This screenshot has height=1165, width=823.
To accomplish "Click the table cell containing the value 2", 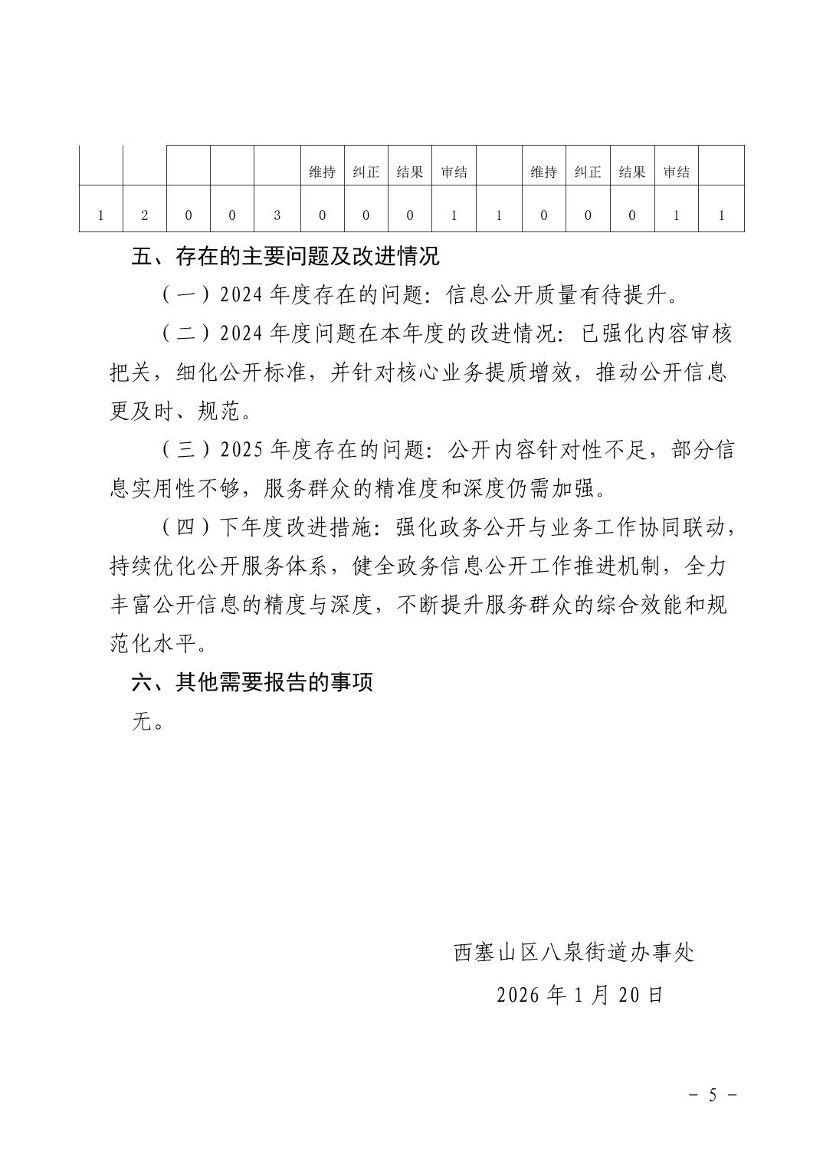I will pyautogui.click(x=145, y=215).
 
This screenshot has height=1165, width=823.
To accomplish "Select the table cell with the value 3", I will pyautogui.click(x=277, y=215).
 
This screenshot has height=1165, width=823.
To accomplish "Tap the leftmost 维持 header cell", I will pyautogui.click(x=322, y=172).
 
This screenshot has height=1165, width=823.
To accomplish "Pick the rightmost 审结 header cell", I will pyautogui.click(x=676, y=172).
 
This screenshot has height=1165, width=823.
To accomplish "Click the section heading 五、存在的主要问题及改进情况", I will pyautogui.click(x=286, y=257).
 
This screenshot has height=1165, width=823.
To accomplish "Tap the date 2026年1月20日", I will pyautogui.click(x=579, y=995).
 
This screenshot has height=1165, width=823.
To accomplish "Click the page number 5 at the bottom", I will pyautogui.click(x=712, y=1095).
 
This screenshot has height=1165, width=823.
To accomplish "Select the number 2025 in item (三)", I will pyautogui.click(x=241, y=450).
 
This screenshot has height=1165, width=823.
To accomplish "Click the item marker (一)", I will pyautogui.click(x=187, y=294).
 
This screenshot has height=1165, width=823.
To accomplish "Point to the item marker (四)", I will pyautogui.click(x=187, y=527).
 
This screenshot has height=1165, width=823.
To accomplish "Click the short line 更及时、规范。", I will pyautogui.click(x=181, y=412).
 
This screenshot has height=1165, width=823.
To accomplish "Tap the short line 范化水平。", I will pyautogui.click(x=159, y=644).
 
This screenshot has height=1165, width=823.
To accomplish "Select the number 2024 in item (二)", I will pyautogui.click(x=241, y=333).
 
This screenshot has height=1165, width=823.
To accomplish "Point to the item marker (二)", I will pyautogui.click(x=187, y=333).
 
